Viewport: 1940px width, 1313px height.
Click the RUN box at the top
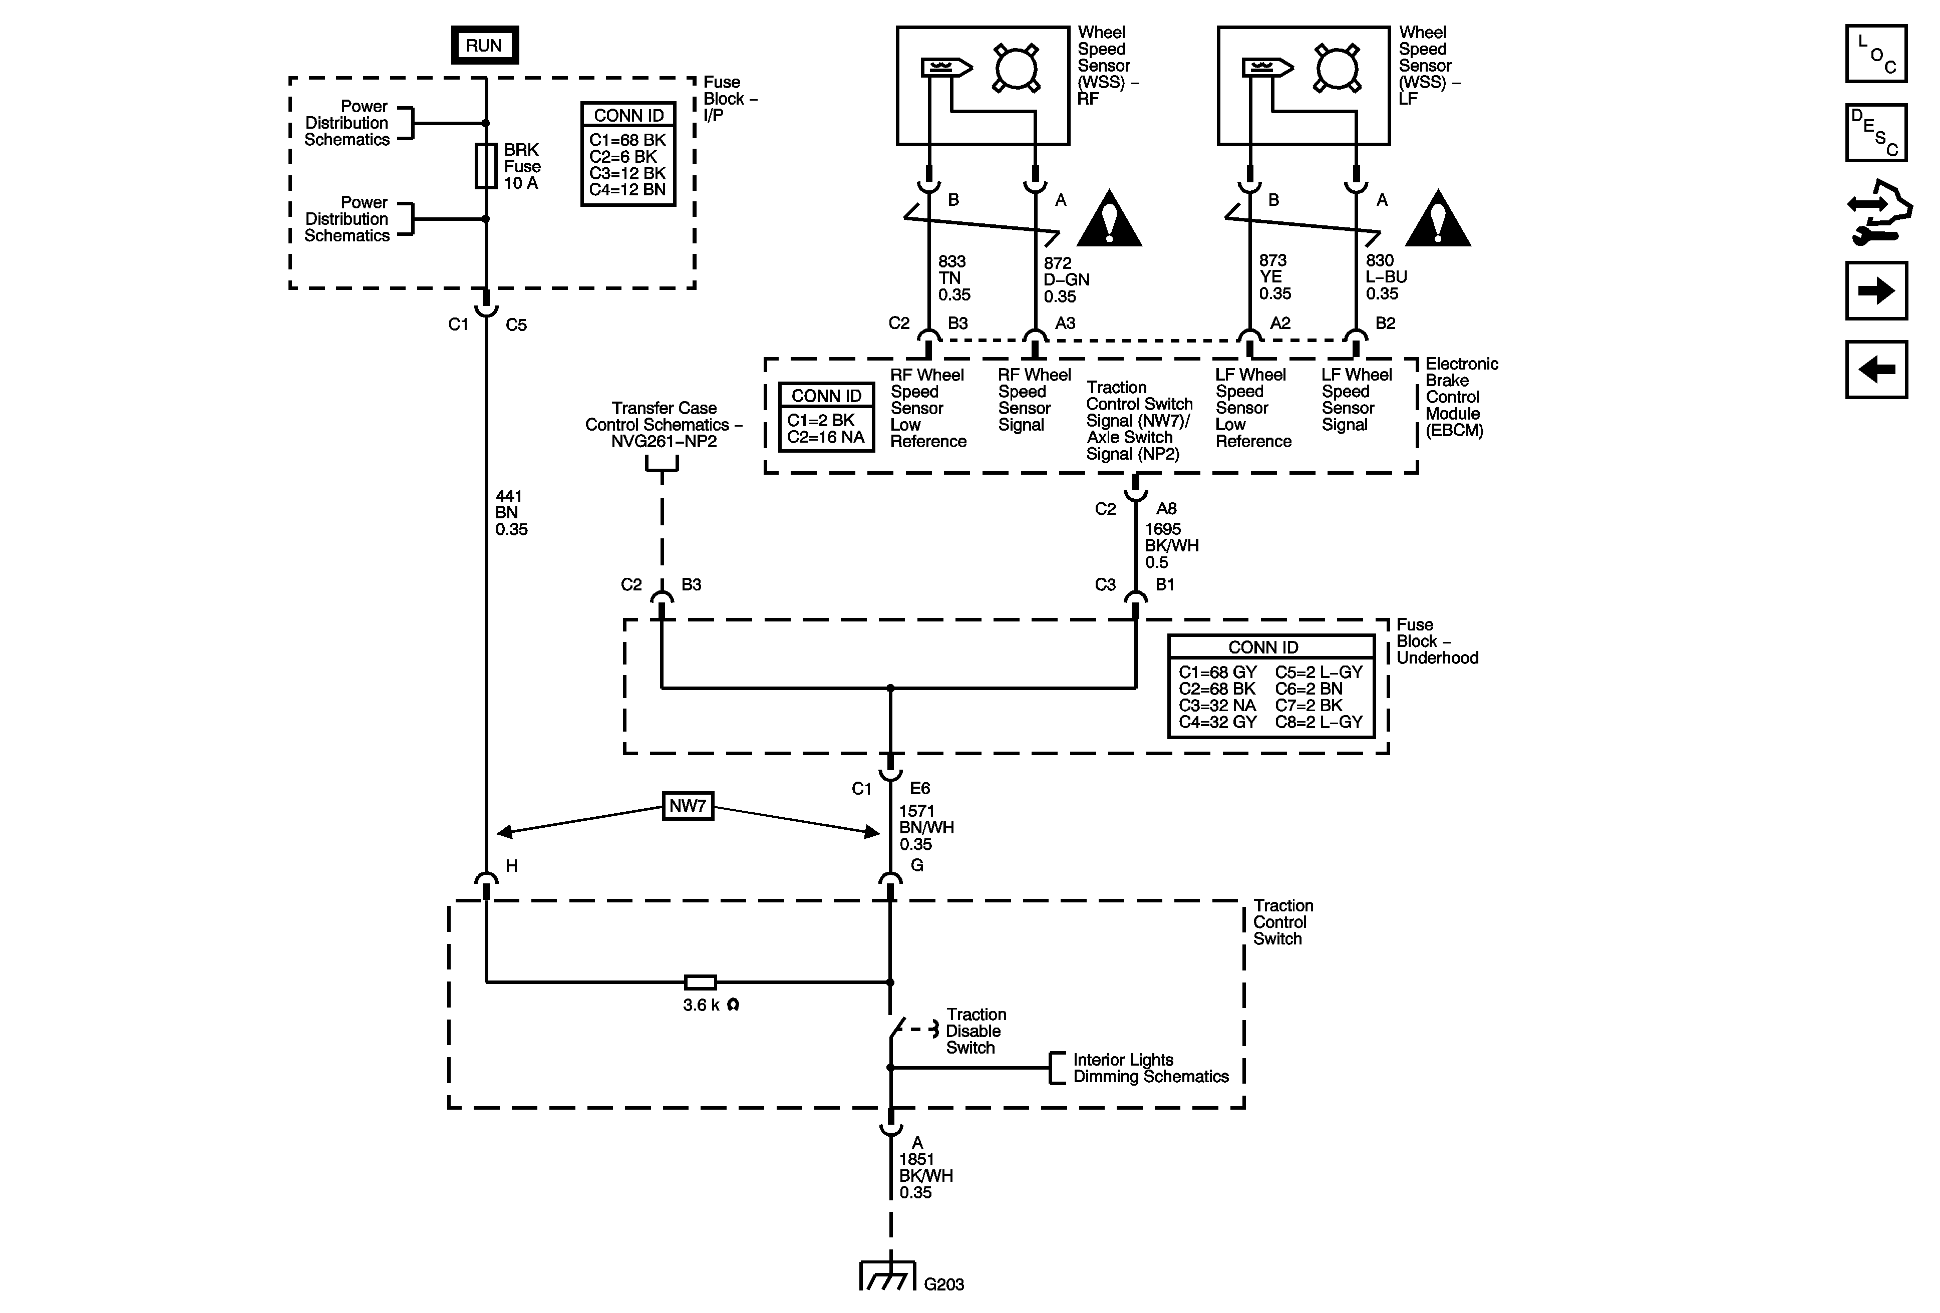(x=484, y=45)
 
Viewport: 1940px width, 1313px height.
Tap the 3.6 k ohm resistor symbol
(x=700, y=982)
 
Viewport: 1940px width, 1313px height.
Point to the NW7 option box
(x=688, y=806)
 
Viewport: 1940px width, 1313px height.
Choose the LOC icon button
(x=1876, y=54)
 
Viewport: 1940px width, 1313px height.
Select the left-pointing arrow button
(x=1876, y=369)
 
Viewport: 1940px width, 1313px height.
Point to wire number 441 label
(x=508, y=496)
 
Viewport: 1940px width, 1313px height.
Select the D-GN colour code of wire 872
(x=1066, y=279)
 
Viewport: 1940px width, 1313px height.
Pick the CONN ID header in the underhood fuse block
(x=1263, y=647)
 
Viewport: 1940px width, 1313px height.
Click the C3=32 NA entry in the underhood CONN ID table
(x=1217, y=706)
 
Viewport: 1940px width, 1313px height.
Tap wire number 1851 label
(x=916, y=1159)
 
